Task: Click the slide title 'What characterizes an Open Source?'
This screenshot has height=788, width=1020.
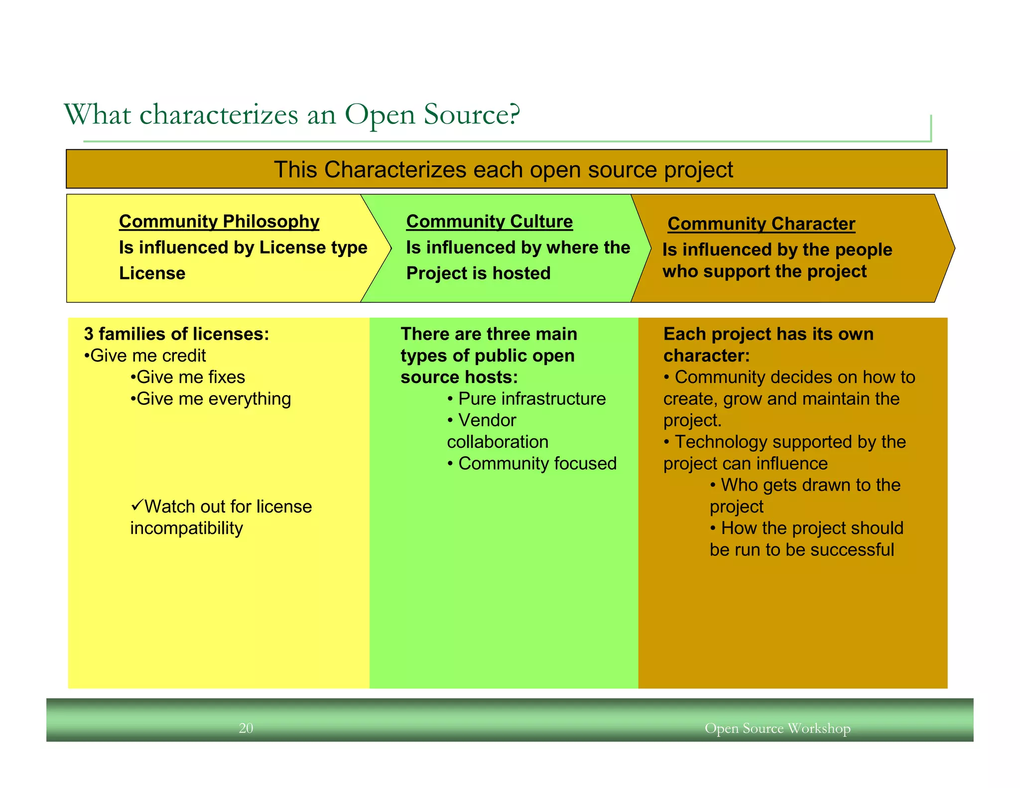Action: tap(292, 115)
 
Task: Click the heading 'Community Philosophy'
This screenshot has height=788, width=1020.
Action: tap(219, 221)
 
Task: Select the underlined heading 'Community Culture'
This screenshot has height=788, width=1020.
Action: tap(490, 221)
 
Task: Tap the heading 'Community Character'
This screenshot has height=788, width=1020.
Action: tap(761, 224)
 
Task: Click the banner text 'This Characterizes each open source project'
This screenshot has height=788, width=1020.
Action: tap(503, 170)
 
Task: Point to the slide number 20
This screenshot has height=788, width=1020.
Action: tap(246, 728)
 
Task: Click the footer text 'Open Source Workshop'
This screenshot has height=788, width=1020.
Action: tap(777, 728)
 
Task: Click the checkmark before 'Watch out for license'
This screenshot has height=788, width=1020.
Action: tap(137, 506)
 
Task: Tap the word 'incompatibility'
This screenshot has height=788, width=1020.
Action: tap(187, 528)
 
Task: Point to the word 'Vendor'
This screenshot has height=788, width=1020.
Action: tap(487, 420)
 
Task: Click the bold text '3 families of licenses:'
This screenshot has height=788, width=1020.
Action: tap(177, 334)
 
